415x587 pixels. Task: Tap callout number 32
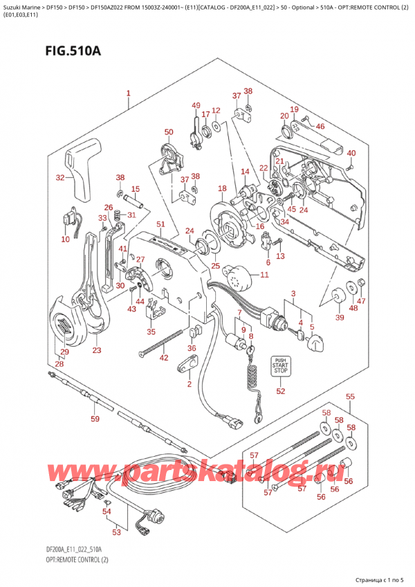(60, 178)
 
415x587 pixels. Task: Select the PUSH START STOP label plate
(279, 366)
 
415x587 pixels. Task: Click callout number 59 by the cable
(95, 419)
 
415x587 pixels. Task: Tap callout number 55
(350, 397)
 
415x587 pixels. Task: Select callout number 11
(264, 276)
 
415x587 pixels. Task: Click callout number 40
(351, 153)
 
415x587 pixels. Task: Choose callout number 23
(96, 350)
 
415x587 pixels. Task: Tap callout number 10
(65, 240)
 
